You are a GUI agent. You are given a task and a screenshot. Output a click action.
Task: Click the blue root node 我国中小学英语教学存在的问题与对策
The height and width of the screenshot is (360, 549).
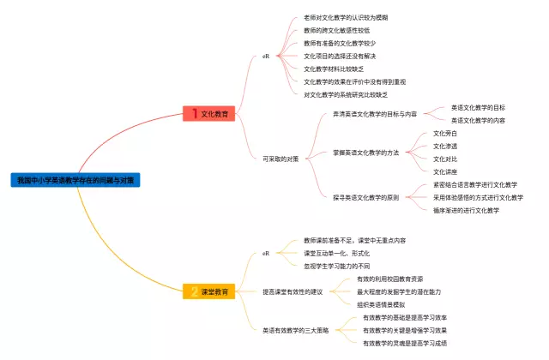point(75,180)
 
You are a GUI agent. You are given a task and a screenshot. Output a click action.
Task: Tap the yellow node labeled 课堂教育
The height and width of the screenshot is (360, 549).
point(215,292)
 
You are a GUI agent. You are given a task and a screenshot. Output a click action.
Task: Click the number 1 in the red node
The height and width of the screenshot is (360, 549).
point(195,113)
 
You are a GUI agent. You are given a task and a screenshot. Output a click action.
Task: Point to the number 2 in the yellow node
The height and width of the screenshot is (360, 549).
point(195,292)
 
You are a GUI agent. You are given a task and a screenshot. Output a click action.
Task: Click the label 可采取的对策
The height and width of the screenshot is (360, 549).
point(282,159)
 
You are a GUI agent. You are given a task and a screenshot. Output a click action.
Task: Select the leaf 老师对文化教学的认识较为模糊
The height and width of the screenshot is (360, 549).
point(346,17)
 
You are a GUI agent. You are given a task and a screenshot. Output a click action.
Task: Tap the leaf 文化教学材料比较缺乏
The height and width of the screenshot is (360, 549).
point(334,69)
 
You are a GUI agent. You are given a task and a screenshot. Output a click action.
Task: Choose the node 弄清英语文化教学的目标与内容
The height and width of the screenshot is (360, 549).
point(375,114)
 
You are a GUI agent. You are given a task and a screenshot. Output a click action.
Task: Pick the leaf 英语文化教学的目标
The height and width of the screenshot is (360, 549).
point(478,108)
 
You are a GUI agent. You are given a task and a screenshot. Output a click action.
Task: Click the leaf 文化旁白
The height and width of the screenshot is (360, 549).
point(445,134)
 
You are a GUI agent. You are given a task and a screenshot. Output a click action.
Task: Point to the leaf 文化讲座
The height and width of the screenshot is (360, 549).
point(445,171)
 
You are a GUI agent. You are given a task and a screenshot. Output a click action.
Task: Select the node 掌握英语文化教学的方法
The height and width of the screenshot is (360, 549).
point(366,153)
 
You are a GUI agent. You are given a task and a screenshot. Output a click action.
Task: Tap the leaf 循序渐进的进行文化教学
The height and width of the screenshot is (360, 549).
point(466,210)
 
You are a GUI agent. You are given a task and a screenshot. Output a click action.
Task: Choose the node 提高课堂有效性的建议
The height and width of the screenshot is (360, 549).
point(293,292)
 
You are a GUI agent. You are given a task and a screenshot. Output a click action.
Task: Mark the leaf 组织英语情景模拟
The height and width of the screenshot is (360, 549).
point(381,304)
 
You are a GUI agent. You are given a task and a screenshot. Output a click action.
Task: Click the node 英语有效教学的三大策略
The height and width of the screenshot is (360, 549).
point(296,330)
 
